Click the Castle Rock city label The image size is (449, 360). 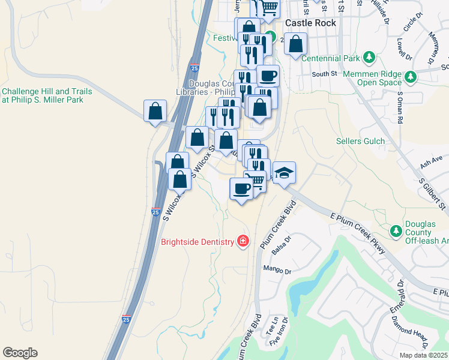click(x=310, y=22)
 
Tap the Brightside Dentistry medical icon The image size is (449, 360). click(x=243, y=242)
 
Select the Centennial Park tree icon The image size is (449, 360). click(x=369, y=58)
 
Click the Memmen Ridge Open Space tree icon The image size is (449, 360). click(x=411, y=77)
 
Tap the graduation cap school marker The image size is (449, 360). click(x=285, y=173)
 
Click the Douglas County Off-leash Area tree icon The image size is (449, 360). click(x=396, y=231)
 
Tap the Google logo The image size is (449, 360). click(x=20, y=353)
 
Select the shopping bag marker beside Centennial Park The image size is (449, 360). click(x=295, y=44)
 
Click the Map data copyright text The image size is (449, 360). click(x=424, y=355)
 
